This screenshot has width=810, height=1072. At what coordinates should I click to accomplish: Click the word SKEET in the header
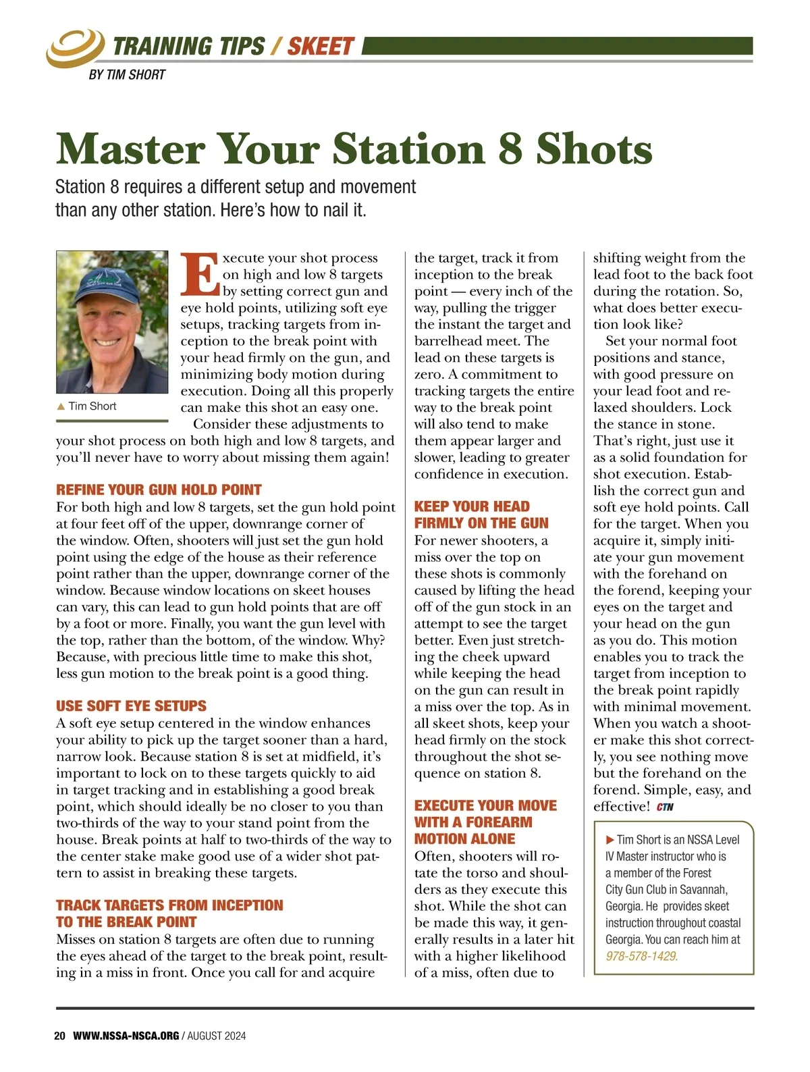[320, 47]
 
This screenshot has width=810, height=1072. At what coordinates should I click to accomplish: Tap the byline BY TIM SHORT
[127, 75]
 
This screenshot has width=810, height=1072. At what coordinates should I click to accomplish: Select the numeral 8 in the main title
[510, 149]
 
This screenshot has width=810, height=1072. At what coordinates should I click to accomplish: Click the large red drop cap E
[200, 275]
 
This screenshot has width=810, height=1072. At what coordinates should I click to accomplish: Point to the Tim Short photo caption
[92, 406]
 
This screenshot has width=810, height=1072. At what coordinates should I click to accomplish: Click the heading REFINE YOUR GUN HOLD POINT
[159, 490]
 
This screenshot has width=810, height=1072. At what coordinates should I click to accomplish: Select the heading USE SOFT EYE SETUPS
[131, 706]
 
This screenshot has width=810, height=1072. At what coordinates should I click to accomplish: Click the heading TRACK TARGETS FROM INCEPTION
[169, 905]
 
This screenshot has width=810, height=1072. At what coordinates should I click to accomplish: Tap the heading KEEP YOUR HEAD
[472, 506]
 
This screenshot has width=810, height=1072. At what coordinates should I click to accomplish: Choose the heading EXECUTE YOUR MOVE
[485, 805]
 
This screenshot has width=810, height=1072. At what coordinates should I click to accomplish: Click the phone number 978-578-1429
[642, 956]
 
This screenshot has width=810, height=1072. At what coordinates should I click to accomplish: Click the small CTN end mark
[665, 807]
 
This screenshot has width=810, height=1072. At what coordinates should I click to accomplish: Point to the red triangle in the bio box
[610, 840]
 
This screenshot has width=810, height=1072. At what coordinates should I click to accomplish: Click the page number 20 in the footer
[59, 1036]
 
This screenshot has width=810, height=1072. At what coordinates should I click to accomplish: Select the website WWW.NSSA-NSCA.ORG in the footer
[126, 1036]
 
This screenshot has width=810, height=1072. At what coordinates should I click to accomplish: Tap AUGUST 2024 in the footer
[217, 1036]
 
